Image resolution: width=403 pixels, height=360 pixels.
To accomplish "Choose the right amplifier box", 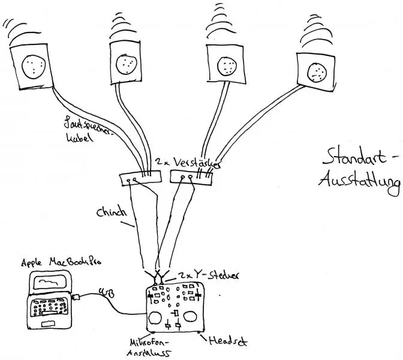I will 191,177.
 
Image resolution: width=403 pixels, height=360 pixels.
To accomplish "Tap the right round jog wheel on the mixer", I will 193,316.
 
